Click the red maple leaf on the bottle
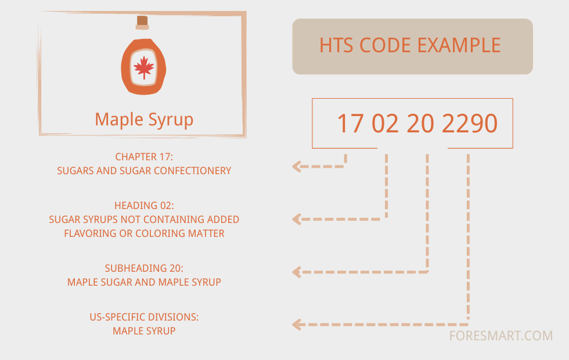[143, 68]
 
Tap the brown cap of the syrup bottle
[142, 21]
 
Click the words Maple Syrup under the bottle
[144, 120]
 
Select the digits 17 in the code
[350, 124]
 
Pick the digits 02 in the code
[385, 124]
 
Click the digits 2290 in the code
[470, 124]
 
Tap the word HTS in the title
[338, 45]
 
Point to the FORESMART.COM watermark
[500, 336]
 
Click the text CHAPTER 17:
[144, 157]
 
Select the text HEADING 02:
[144, 206]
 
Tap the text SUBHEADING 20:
[144, 268]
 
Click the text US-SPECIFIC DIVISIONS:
[144, 317]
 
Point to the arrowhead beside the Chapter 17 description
[297, 167]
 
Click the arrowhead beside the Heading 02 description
[297, 219]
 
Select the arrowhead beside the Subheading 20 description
[297, 271]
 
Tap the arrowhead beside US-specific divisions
[297, 325]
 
